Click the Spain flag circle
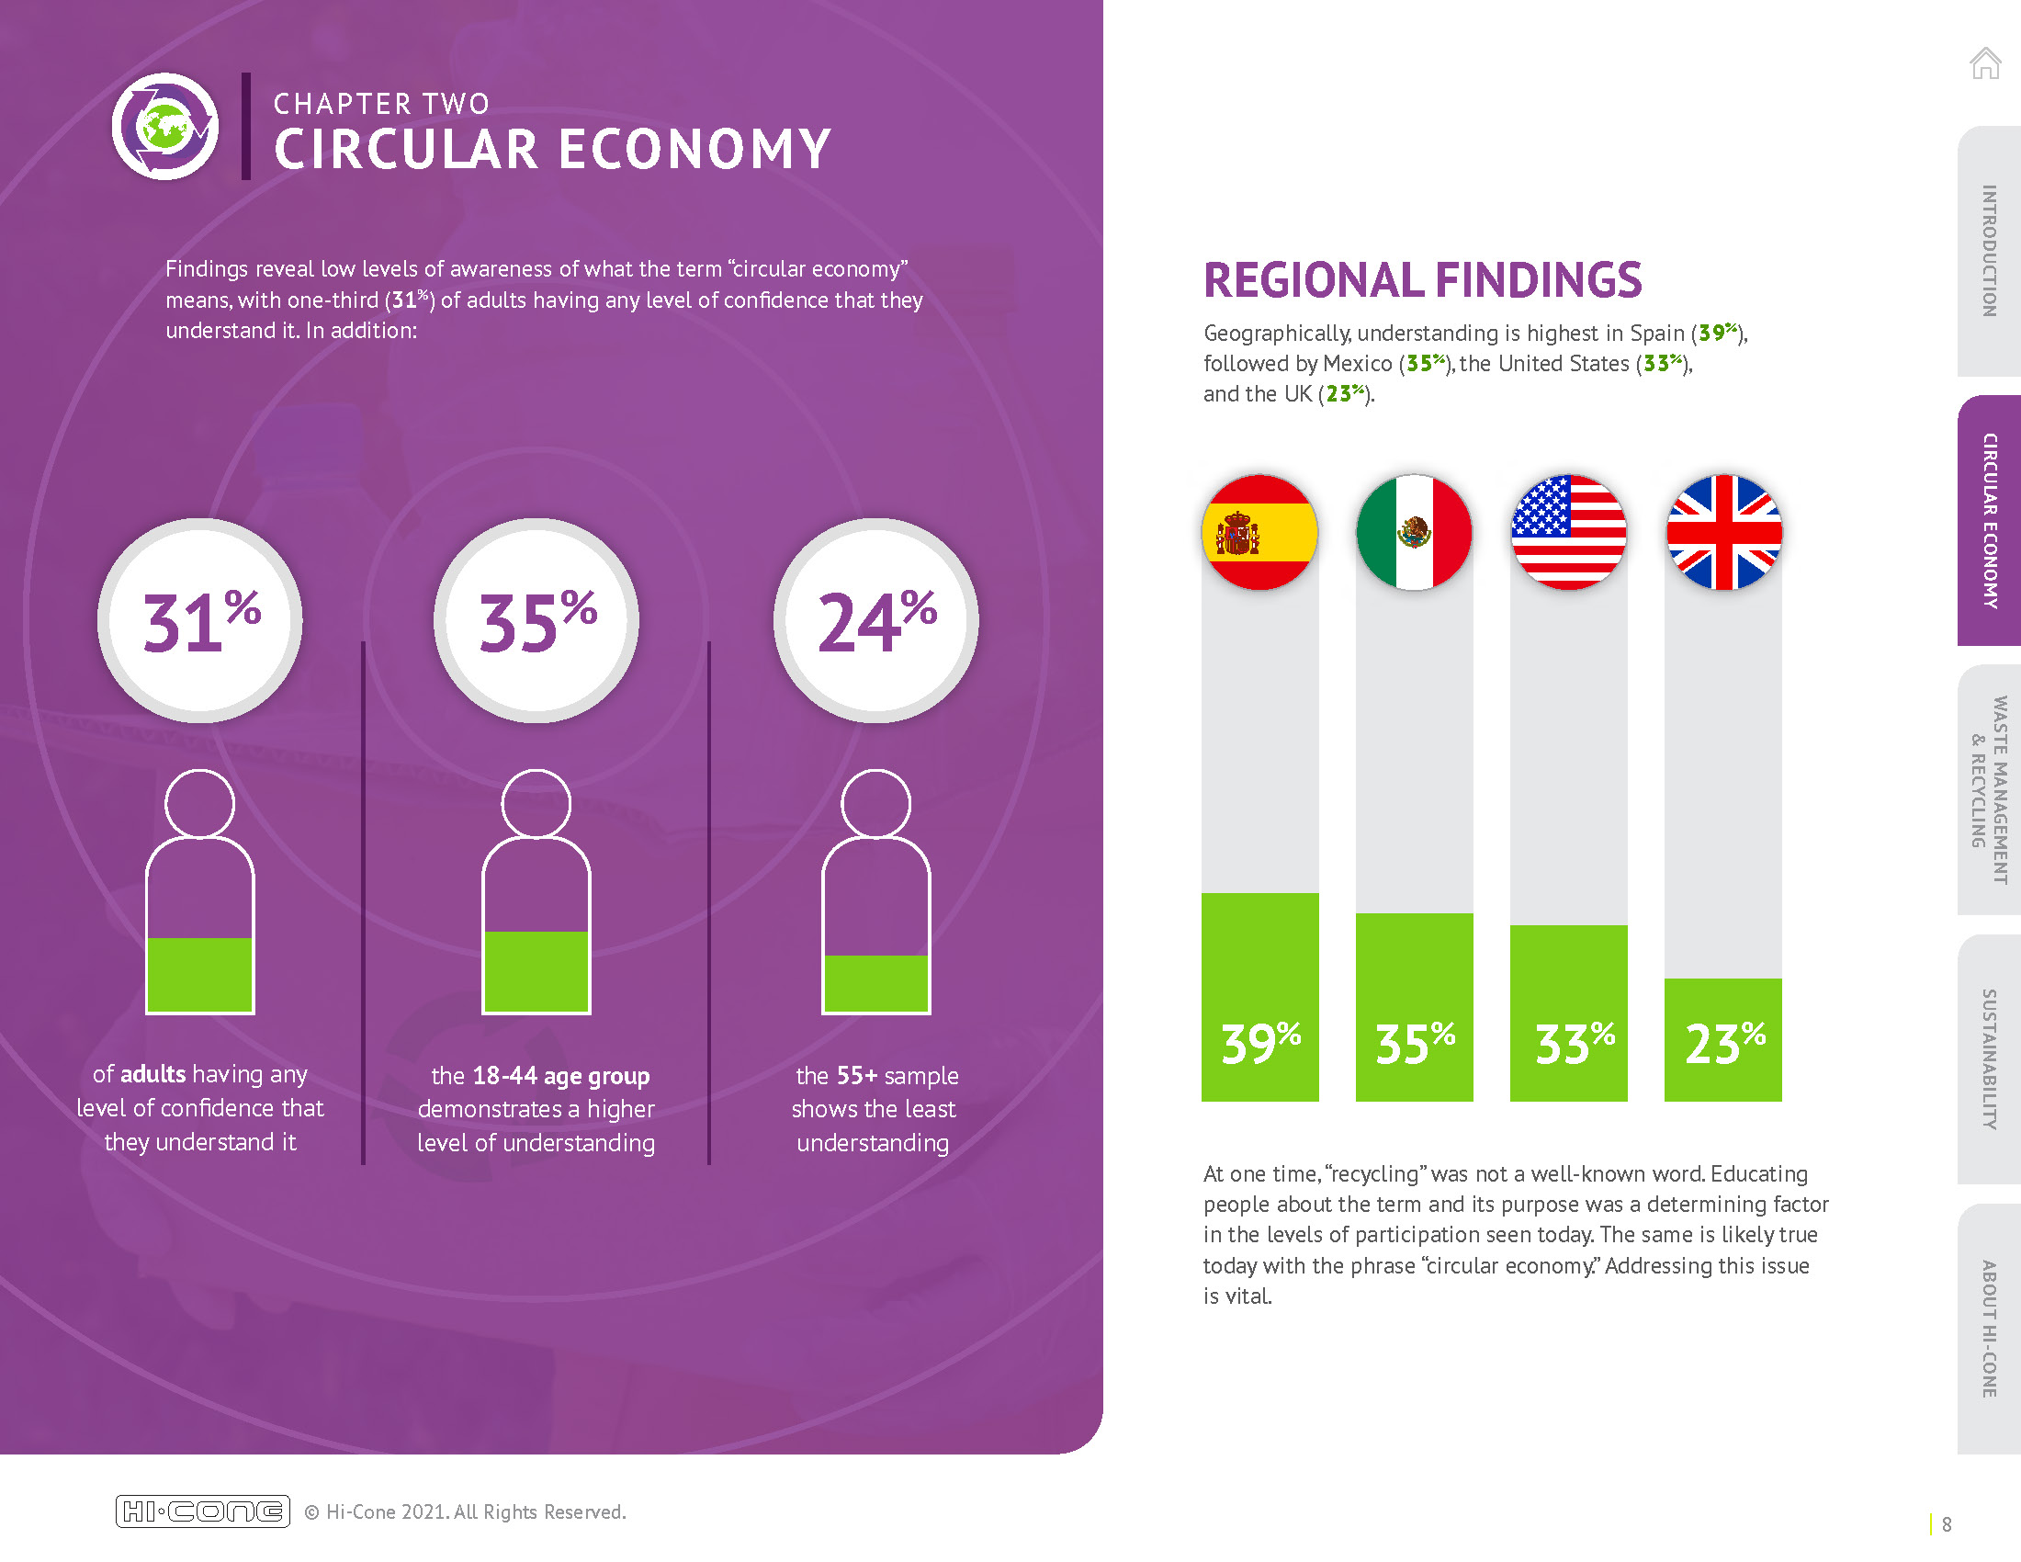point(1259,532)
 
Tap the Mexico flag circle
point(1414,532)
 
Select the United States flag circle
point(1568,532)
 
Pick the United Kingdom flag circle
point(1723,532)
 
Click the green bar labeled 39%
point(1259,997)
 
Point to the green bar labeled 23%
point(1723,1039)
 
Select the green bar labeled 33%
point(1568,1013)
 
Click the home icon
point(1985,62)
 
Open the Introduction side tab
point(1989,251)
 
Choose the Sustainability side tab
point(1989,1058)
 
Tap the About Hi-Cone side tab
point(1989,1329)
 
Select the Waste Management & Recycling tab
point(1989,789)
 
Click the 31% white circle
point(200,620)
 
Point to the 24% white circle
point(875,620)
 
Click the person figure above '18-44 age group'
point(536,892)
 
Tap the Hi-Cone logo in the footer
point(203,1511)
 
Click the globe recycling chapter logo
point(165,126)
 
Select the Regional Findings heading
point(1422,280)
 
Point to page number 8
point(1947,1524)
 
